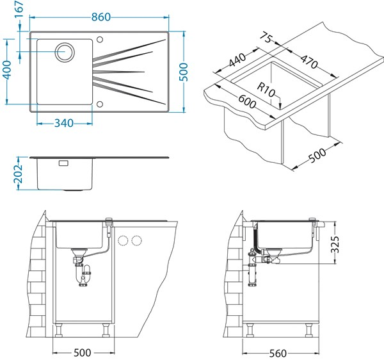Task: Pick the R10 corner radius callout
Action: coord(267,90)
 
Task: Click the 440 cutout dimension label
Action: coord(237,61)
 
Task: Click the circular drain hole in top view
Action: coord(65,52)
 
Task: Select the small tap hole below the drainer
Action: coord(100,101)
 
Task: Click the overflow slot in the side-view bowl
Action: coord(63,164)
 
